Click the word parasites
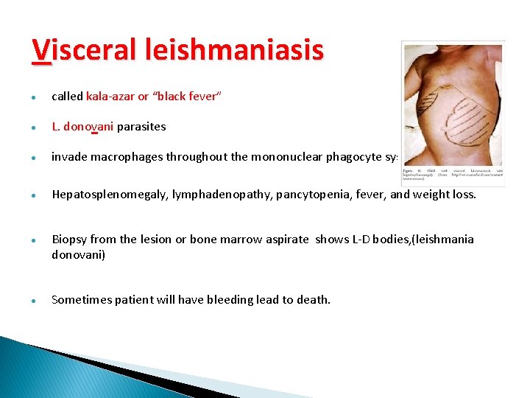tap(141, 127)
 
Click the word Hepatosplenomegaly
tap(109, 195)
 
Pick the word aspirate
tap(289, 240)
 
